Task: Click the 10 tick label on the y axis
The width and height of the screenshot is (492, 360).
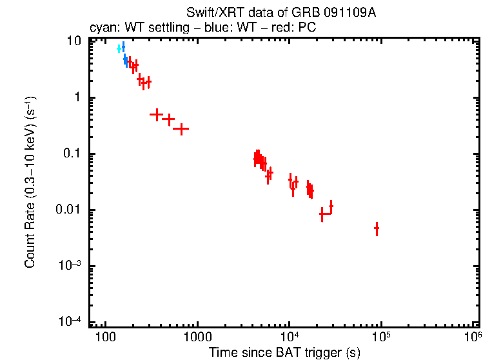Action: (x=75, y=41)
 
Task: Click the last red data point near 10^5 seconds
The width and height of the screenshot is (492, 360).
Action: (x=377, y=228)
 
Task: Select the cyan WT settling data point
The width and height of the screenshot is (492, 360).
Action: (x=119, y=48)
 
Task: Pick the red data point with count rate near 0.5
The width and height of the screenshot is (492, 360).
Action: (x=156, y=114)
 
